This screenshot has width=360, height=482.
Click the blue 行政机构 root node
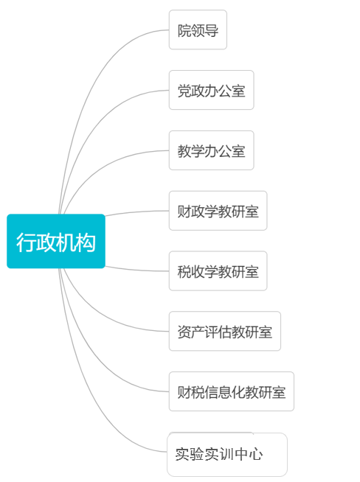click(56, 241)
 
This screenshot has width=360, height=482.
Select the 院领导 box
click(198, 29)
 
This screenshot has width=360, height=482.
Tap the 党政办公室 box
click(212, 90)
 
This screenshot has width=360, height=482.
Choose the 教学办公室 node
click(212, 150)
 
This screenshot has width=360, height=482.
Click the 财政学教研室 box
click(218, 211)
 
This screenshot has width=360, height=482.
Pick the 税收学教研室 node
click(218, 270)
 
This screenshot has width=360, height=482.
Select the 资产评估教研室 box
click(224, 331)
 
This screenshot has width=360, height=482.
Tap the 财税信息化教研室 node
click(232, 391)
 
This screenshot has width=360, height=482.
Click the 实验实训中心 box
click(227, 455)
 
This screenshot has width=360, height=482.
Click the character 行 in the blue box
click(26, 242)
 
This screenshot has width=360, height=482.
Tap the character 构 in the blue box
click(86, 242)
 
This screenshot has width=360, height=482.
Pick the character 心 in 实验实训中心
click(256, 454)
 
